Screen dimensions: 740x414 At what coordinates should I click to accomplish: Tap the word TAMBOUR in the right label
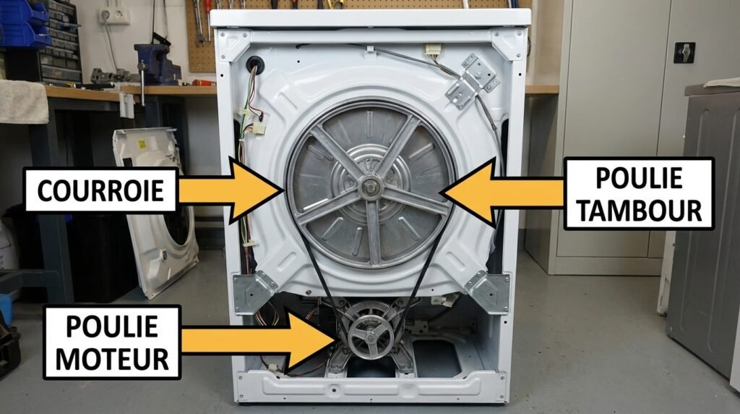pos(639,211)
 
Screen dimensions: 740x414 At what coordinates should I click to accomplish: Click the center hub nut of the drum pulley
pos(370,187)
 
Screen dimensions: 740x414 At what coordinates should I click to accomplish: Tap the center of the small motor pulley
pos(371,337)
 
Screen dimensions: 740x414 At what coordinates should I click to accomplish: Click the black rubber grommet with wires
pos(255,64)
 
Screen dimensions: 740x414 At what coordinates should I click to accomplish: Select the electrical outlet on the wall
pos(115,16)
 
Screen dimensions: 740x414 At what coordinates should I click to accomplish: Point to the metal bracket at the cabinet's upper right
pos(472,81)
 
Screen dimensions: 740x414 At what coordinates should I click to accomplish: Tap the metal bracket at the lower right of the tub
pos(489,292)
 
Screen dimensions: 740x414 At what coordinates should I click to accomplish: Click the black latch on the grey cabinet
pos(684,52)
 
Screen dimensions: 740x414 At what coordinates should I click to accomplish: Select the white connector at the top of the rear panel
pos(433,50)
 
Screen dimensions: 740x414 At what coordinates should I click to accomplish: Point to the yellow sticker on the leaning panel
pos(142,144)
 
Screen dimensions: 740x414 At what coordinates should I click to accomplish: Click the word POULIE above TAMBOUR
pos(639,178)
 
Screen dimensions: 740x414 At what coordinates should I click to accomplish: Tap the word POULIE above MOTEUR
pos(112,326)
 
